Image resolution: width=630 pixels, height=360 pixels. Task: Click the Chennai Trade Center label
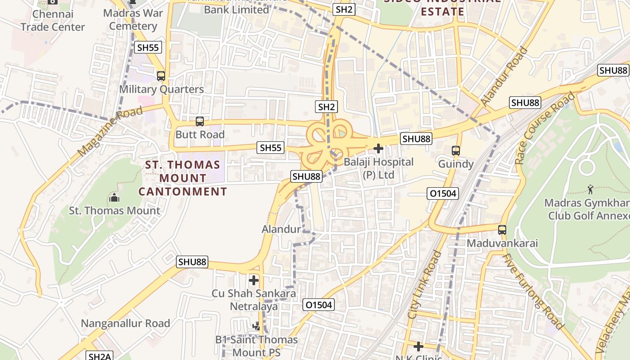[53, 21]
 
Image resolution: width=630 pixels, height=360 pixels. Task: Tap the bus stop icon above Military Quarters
[161, 76]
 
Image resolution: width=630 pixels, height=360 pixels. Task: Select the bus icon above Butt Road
[199, 121]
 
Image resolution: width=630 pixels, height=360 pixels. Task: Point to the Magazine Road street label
[110, 131]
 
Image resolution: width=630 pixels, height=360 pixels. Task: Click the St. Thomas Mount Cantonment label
[183, 178]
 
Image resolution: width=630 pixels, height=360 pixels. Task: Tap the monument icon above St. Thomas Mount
[114, 198]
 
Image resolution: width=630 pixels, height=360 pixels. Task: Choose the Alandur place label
[281, 229]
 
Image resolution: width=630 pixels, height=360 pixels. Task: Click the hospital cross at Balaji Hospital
[378, 148]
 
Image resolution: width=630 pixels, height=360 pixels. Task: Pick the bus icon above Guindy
[456, 150]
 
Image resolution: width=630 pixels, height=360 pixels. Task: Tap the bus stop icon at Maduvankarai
[502, 230]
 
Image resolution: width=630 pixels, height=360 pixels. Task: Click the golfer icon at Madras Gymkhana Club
[590, 189]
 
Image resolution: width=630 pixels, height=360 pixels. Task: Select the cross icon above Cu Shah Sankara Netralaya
[254, 280]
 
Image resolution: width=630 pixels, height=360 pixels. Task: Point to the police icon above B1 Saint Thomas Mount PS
[256, 326]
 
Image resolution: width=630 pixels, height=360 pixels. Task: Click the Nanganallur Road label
[125, 323]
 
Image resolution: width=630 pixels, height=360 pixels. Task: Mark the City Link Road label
[425, 285]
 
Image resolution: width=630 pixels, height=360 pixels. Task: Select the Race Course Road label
[545, 128]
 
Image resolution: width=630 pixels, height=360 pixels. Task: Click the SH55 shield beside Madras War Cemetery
[148, 47]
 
